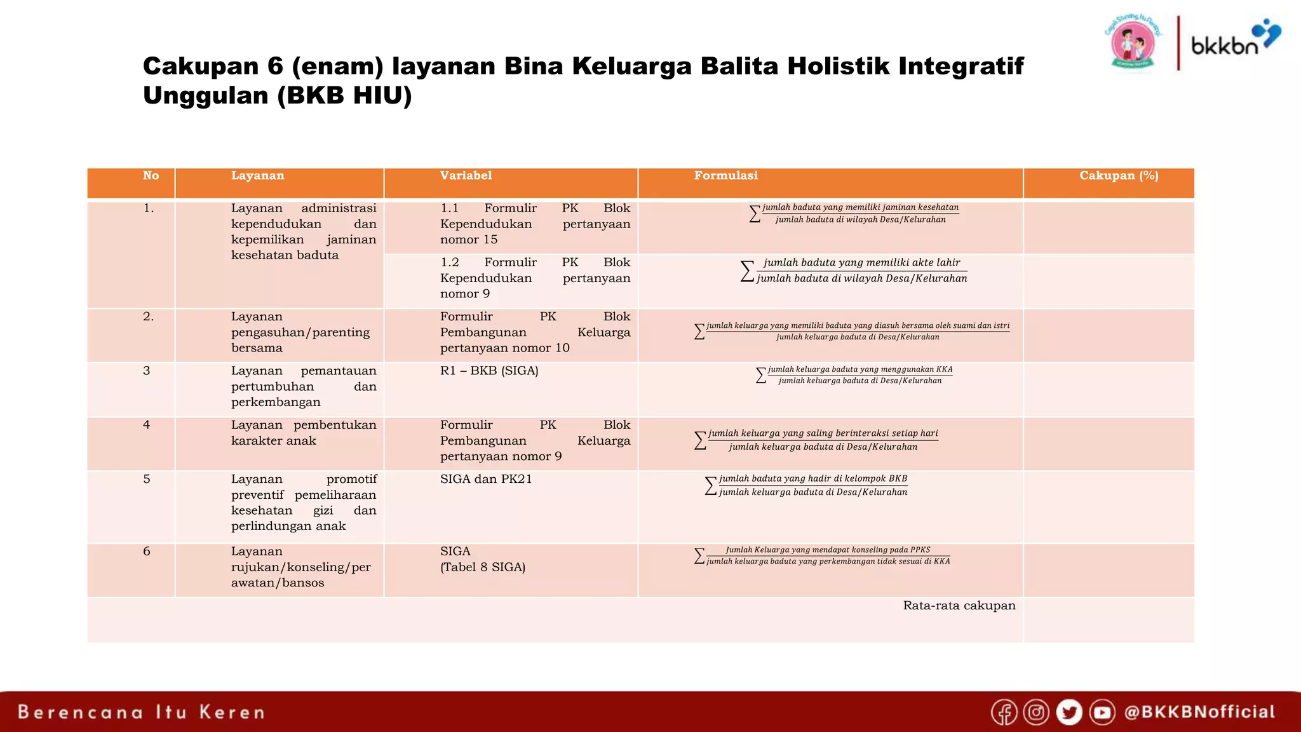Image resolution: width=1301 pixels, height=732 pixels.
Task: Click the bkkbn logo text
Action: coord(1224,46)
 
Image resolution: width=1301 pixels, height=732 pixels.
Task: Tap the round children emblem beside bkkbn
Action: coord(1133,43)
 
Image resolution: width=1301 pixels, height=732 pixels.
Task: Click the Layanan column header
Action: coord(257,176)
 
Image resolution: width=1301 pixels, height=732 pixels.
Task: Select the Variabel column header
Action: coord(466,176)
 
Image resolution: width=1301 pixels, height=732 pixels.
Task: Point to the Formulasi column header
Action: coord(725,176)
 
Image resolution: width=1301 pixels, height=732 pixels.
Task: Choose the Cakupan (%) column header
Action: coord(1119,176)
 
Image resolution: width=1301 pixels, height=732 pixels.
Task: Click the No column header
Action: coord(151,176)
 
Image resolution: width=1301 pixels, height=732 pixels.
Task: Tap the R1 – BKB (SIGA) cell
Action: coord(489,371)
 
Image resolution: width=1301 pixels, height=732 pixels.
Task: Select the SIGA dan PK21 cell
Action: coord(486,479)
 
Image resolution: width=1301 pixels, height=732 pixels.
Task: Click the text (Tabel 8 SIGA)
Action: coord(483,567)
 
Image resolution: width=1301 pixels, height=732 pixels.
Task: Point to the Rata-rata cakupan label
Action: coord(959,606)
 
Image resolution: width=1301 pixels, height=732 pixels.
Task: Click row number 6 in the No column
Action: coord(147,552)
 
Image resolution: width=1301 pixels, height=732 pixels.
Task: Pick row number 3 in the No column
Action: coord(147,371)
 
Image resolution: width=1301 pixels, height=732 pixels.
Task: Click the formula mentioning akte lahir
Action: coord(854,271)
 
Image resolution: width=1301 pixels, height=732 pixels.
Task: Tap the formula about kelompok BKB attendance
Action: coord(807,485)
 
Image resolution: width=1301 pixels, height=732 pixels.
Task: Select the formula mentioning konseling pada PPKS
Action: coord(823,556)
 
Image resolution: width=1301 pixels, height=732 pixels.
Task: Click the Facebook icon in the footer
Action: coord(1004,712)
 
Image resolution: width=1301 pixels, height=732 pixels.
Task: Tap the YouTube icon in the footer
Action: coord(1102,712)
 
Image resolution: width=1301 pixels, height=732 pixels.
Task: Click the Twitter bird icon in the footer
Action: coord(1069,712)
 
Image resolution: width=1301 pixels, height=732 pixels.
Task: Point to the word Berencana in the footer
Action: coord(81,712)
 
